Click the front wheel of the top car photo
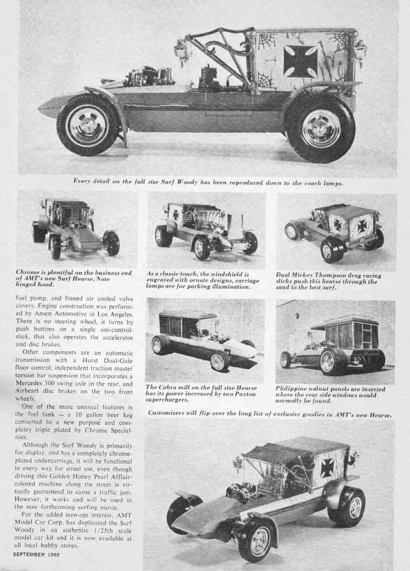[x=87, y=125]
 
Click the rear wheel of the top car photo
[x=320, y=128]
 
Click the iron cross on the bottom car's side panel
[x=327, y=467]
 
